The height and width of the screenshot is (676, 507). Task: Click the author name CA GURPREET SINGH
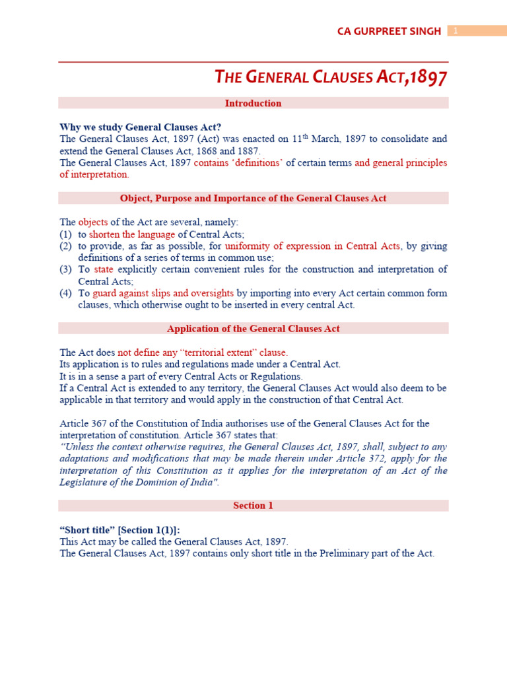pos(389,31)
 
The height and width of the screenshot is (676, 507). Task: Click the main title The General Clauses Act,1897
pos(331,78)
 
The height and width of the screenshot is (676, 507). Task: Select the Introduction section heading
pos(253,103)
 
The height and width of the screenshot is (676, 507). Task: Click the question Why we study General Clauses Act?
pos(141,127)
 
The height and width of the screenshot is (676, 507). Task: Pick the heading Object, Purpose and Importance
pos(253,198)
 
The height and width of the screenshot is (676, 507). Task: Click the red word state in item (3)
pos(104,269)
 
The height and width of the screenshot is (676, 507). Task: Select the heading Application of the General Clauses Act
pos(253,329)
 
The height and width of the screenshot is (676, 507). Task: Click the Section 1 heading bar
pos(253,506)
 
